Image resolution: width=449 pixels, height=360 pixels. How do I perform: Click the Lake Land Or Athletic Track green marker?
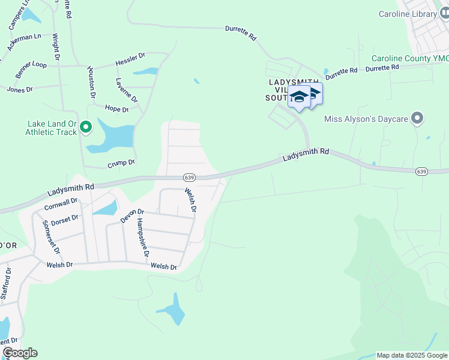(86, 127)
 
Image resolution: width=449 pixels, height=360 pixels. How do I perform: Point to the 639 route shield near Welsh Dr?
(190, 178)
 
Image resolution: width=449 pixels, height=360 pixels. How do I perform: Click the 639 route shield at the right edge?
(422, 172)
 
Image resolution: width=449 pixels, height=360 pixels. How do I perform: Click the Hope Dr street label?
(116, 109)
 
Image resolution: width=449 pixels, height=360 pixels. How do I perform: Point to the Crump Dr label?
(121, 162)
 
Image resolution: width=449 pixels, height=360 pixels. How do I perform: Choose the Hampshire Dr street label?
(142, 238)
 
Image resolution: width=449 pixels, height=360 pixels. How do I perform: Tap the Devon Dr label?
(132, 215)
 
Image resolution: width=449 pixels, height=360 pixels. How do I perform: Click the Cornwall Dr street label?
(61, 204)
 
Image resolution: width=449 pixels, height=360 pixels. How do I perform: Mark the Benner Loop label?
(31, 70)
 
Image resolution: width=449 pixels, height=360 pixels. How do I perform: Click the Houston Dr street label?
(91, 82)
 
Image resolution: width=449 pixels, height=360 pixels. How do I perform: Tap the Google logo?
(20, 353)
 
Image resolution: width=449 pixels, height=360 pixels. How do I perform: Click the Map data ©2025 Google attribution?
(411, 355)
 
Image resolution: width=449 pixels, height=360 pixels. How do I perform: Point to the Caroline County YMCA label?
(410, 58)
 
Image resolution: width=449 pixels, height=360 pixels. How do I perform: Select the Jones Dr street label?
(19, 89)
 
